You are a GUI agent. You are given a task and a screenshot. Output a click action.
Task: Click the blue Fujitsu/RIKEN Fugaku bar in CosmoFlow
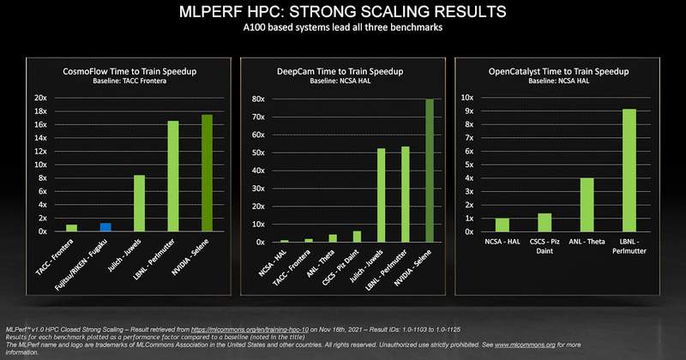pos(105,227)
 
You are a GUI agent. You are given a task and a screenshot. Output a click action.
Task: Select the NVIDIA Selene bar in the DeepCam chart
pos(430,171)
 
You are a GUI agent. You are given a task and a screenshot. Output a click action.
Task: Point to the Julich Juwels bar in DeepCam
pos(382,195)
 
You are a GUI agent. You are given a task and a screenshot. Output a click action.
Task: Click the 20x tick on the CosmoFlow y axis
pos(39,98)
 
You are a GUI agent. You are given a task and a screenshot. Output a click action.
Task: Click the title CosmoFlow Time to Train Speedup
pos(125,71)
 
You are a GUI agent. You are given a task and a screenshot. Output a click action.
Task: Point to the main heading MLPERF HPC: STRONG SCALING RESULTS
pos(343,14)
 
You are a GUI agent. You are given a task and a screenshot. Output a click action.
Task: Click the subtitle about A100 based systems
pos(343,29)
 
